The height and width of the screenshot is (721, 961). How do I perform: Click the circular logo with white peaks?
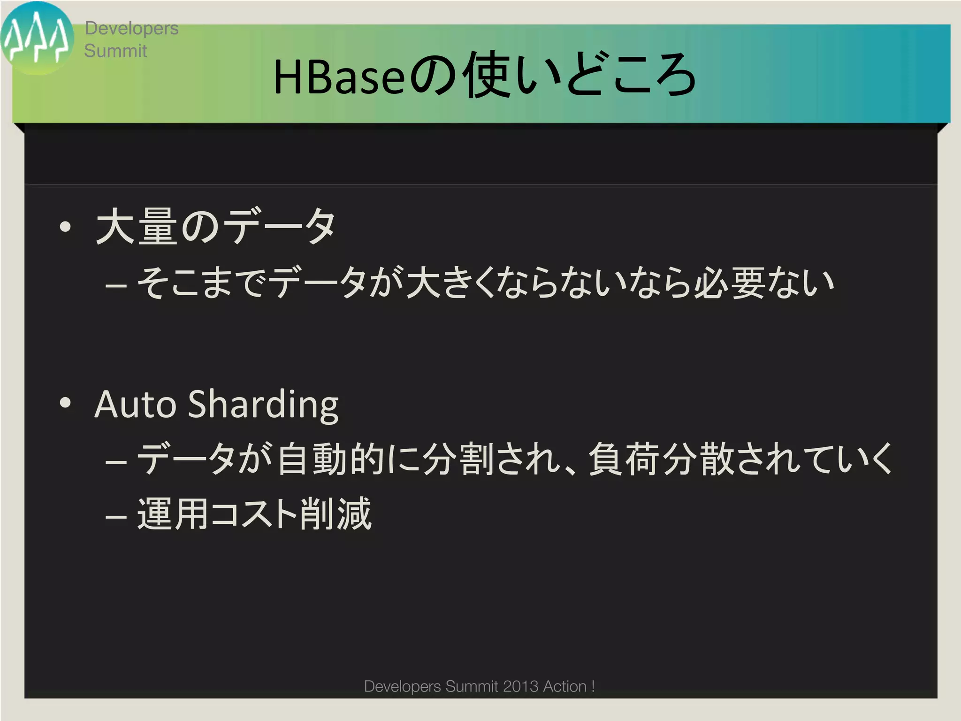click(x=37, y=38)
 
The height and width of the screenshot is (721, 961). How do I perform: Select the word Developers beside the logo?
click(x=131, y=29)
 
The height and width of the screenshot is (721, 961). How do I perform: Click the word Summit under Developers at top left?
click(x=115, y=51)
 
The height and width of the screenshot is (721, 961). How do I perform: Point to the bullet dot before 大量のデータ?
click(x=66, y=227)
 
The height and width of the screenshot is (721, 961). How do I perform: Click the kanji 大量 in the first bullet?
click(x=137, y=227)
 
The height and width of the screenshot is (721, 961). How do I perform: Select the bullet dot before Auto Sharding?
click(x=66, y=403)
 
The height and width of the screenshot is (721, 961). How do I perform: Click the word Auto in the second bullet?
click(x=136, y=404)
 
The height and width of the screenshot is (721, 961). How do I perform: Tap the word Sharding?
click(x=263, y=405)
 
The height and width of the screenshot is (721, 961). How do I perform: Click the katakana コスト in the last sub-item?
click(x=253, y=514)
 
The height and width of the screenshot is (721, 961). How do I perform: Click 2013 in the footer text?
click(x=520, y=686)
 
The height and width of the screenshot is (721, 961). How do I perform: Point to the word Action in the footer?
click(x=564, y=686)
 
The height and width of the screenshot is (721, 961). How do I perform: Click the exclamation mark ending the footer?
click(x=593, y=686)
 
